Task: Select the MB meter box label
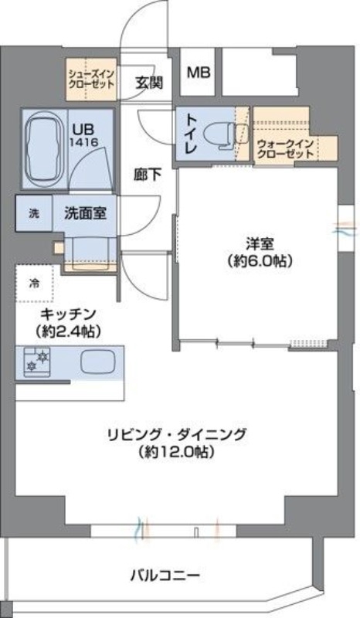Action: [x=199, y=73]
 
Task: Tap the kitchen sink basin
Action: [x=99, y=361]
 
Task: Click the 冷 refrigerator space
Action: [x=34, y=283]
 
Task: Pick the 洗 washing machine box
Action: [x=33, y=213]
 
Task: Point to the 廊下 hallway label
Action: [x=147, y=175]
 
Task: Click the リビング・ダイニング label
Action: [x=177, y=433]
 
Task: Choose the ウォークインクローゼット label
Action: [x=285, y=149]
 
